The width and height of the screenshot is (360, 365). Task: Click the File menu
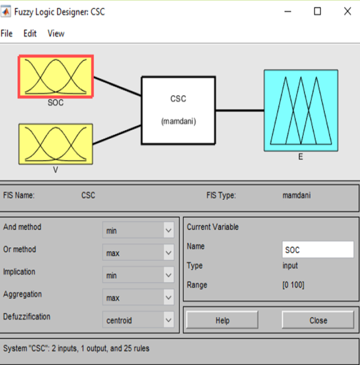pos(6,34)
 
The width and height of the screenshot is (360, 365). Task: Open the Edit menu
pos(30,34)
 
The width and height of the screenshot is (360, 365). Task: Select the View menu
pos(56,34)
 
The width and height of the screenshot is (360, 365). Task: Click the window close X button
pos(347,11)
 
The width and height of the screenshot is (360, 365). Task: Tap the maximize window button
pos(317,11)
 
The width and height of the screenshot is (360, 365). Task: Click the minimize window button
pos(287,11)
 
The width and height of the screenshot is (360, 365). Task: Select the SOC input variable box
pos(56,77)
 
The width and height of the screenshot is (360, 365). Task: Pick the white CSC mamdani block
pos(178,110)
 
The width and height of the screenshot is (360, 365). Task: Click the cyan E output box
pos(301,110)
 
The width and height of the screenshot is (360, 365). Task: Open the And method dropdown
pos(138,230)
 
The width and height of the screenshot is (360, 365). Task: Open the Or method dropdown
pos(138,253)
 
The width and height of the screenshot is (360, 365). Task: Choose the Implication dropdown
pos(138,275)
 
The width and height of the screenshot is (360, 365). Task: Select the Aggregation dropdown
pos(138,298)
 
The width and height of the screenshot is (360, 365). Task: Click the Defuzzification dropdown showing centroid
pos(138,320)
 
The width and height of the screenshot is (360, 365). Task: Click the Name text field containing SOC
pos(317,250)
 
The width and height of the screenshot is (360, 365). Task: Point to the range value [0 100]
pos(293,285)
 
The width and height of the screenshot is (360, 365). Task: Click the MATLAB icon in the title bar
pos(6,11)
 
